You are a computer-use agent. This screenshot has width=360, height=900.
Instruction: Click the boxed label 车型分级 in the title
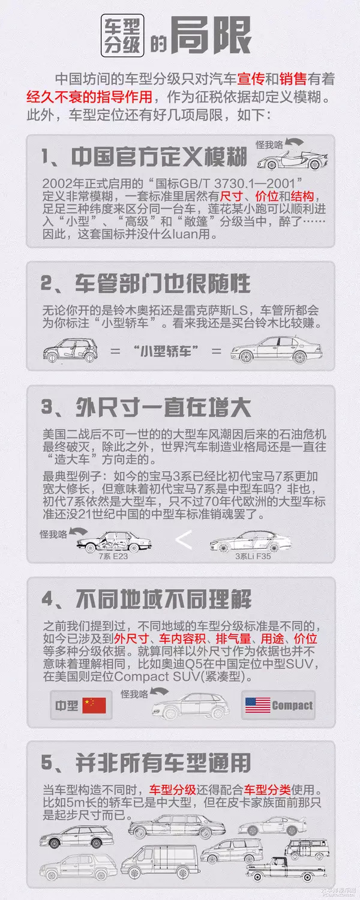pyautogui.click(x=122, y=35)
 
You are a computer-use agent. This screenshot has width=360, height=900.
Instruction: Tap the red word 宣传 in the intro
pyautogui.click(x=250, y=79)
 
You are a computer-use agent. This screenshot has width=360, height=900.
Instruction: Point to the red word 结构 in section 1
pyautogui.click(x=302, y=196)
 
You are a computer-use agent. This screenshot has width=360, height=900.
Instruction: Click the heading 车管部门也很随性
pyautogui.click(x=163, y=284)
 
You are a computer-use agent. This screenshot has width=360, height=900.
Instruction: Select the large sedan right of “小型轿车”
pyautogui.click(x=277, y=350)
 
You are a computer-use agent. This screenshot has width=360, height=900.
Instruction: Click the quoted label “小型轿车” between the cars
pyautogui.click(x=166, y=351)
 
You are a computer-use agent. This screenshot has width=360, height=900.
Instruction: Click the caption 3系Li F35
pyautogui.click(x=253, y=556)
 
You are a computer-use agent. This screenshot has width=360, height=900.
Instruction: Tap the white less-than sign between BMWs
pyautogui.click(x=184, y=540)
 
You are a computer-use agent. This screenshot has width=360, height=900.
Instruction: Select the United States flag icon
pyautogui.click(x=257, y=705)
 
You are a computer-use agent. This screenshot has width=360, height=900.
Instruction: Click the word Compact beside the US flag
pyautogui.click(x=292, y=706)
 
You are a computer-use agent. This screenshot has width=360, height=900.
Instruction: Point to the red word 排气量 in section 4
pyautogui.click(x=233, y=638)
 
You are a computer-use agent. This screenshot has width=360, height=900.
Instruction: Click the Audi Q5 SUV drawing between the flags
pyautogui.click(x=191, y=706)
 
